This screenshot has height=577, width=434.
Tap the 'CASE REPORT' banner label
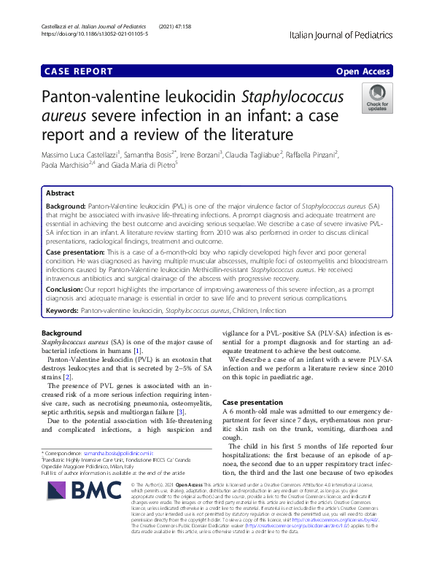point(79,71)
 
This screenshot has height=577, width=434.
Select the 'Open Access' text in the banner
point(363,71)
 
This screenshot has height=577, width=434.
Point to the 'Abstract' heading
point(60,193)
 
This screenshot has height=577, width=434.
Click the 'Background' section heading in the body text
point(62,333)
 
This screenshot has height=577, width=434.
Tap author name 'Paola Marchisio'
point(64,165)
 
